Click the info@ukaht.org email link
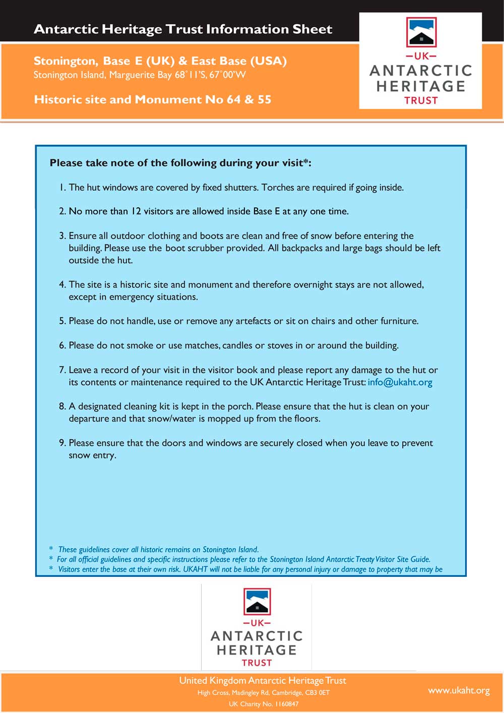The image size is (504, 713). pos(400,382)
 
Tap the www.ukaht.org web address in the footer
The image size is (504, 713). pos(459,690)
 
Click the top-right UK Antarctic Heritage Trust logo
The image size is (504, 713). pos(420,61)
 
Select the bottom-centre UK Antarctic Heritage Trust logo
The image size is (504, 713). pos(257,627)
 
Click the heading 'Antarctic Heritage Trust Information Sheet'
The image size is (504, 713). pos(183,29)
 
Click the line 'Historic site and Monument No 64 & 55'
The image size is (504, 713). pos(152,99)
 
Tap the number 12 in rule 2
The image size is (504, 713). pos(136,211)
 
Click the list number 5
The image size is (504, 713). pos(62,321)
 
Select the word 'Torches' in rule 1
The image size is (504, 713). pos(278,188)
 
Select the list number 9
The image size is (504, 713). pos(62,443)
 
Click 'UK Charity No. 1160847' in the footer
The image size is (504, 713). pos(263,704)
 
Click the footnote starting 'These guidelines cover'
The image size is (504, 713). pos(158,550)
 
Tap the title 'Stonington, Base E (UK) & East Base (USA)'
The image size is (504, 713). pos(160,61)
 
